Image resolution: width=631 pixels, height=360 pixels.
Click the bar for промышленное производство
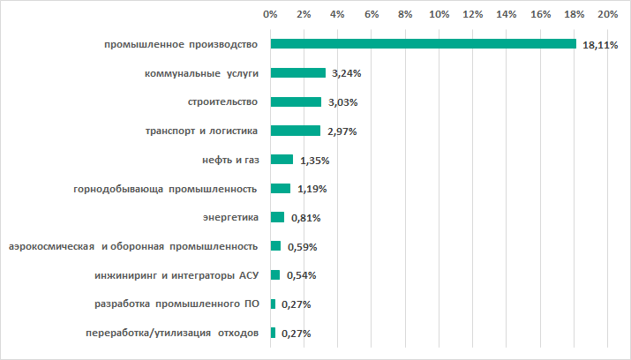click(x=424, y=44)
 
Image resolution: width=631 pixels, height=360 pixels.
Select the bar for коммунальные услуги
click(x=298, y=73)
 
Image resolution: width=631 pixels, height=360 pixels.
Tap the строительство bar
click(x=297, y=102)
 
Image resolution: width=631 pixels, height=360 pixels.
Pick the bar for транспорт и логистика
click(x=296, y=131)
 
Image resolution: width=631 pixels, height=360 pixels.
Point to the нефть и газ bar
click(x=282, y=160)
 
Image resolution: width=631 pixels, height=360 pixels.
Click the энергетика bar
click(x=278, y=217)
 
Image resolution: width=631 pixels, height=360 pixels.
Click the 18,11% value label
click(x=599, y=46)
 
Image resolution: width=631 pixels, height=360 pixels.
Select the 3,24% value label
click(x=344, y=74)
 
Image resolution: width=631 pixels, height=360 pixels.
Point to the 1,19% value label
click(x=309, y=190)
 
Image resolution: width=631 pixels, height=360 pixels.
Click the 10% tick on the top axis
click(x=439, y=15)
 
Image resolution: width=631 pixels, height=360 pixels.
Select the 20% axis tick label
click(x=607, y=15)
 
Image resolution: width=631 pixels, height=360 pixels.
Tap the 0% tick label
click(x=271, y=15)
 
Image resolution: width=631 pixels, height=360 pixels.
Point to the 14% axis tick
click(x=506, y=15)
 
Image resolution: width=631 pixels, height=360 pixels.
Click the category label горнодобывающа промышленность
click(x=165, y=189)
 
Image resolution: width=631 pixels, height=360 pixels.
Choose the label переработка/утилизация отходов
click(x=171, y=333)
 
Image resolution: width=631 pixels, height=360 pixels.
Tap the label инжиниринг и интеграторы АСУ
click(x=176, y=275)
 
